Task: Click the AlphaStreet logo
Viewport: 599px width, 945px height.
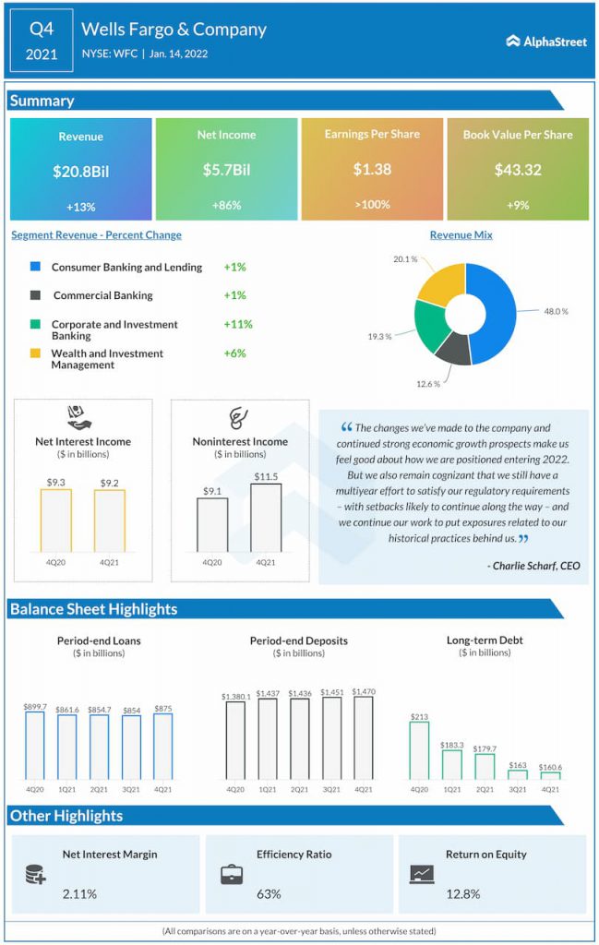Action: click(546, 42)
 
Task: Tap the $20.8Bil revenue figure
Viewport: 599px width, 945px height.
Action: click(80, 172)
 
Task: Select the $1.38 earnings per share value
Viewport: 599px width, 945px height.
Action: click(373, 170)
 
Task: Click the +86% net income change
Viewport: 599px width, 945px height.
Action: click(226, 206)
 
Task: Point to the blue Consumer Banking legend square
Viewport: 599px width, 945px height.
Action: click(36, 266)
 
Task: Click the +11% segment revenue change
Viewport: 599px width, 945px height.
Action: click(238, 324)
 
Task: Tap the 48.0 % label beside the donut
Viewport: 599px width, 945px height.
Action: click(557, 312)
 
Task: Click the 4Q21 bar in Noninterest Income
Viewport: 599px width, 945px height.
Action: click(266, 518)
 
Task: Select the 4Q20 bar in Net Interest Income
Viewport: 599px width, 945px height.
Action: click(56, 520)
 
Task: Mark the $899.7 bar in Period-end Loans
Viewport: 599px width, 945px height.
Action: click(35, 746)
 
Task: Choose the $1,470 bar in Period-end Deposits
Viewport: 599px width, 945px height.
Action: click(364, 738)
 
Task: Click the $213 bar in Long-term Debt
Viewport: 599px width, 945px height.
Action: click(419, 751)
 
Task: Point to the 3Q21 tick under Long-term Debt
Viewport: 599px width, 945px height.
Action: click(518, 790)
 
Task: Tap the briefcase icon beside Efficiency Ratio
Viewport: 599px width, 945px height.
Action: click(232, 875)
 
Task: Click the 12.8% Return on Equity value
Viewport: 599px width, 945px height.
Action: click(463, 894)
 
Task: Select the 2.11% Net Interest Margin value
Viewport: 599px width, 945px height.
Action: click(79, 894)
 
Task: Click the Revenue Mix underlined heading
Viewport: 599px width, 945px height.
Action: click(461, 235)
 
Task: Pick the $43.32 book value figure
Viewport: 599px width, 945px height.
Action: click(519, 170)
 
